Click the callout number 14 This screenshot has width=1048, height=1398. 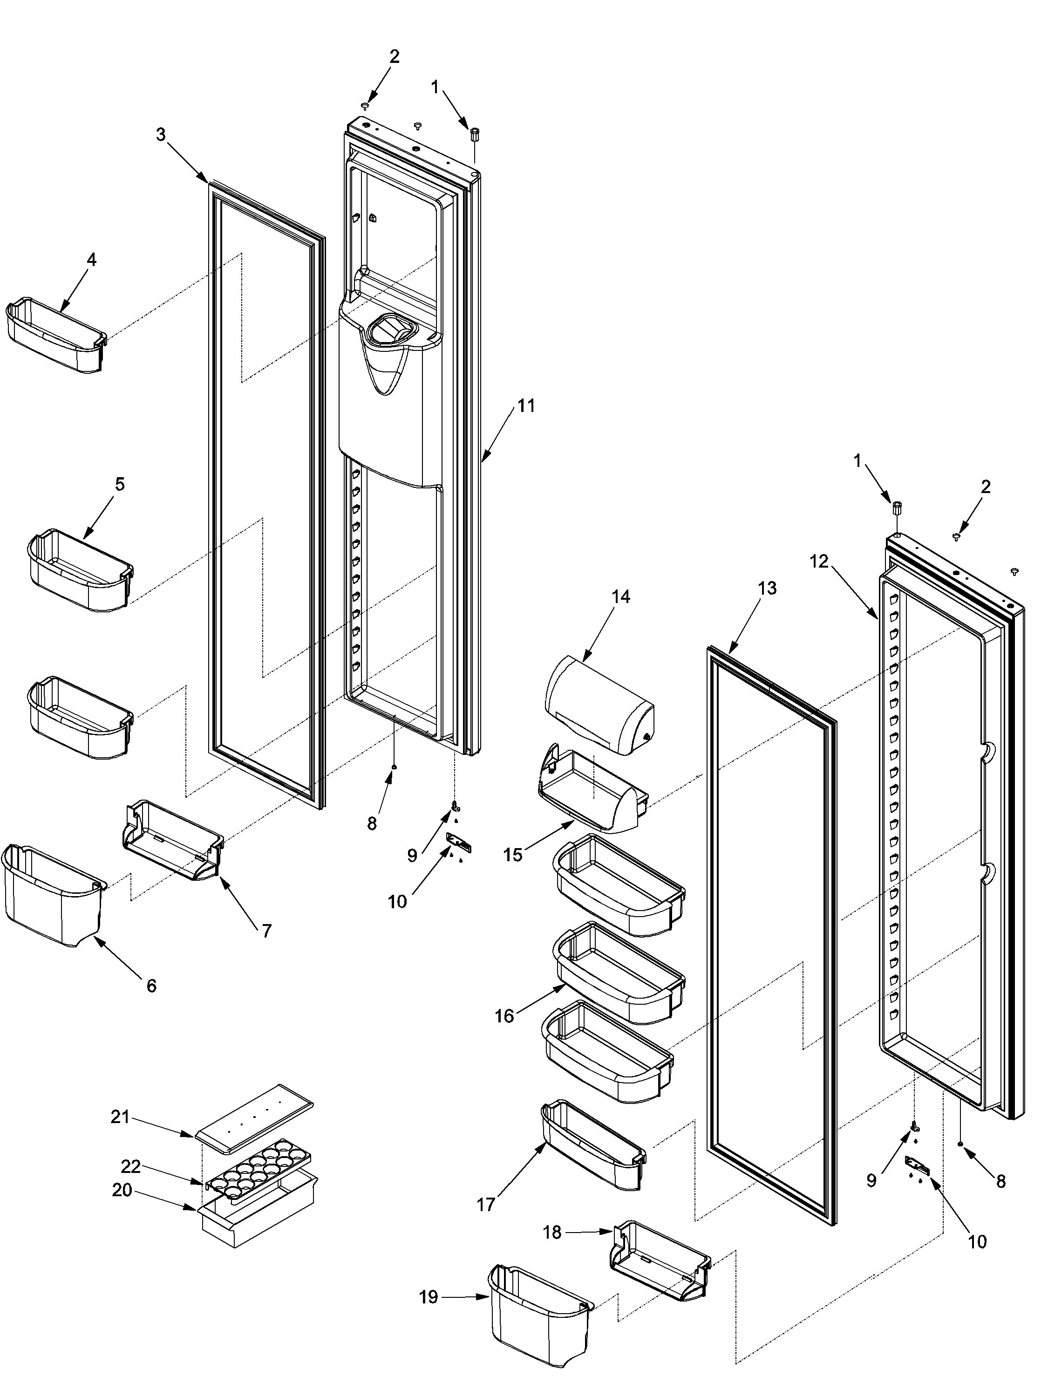[x=620, y=596]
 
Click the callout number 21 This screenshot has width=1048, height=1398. [x=120, y=1117]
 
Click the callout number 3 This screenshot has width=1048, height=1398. [x=161, y=135]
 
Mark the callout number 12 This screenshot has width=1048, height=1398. [x=819, y=561]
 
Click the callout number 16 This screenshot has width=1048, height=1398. [x=504, y=1016]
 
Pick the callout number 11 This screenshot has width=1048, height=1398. [x=525, y=406]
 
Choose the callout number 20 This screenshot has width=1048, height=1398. [x=122, y=1190]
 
